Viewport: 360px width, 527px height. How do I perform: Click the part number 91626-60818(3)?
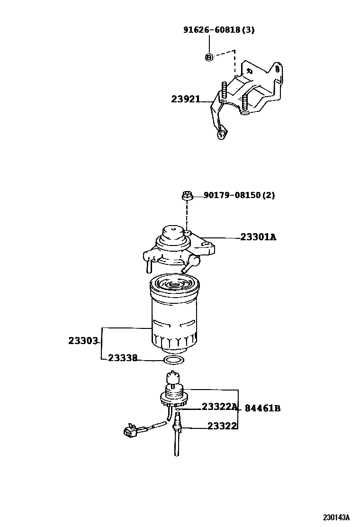(219, 30)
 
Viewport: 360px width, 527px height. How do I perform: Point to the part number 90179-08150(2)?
(239, 195)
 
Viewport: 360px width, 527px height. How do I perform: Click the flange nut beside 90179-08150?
(187, 195)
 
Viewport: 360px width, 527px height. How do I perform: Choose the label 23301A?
(258, 236)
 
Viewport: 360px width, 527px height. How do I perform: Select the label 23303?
(83, 341)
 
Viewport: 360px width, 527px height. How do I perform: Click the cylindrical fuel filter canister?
(174, 315)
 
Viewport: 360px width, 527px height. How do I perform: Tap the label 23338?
(123, 358)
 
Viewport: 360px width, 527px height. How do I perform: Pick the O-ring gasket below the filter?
(174, 361)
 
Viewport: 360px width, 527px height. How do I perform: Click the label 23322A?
(219, 407)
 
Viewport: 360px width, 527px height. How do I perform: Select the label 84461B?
(262, 408)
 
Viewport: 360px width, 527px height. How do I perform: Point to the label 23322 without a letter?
(222, 426)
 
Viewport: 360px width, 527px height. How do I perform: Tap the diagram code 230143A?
(336, 517)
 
